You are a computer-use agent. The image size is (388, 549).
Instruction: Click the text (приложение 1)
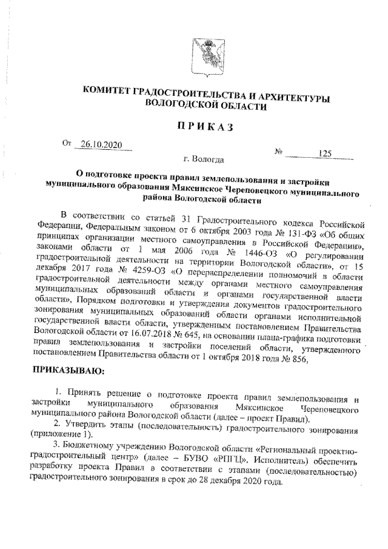click(x=58, y=435)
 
